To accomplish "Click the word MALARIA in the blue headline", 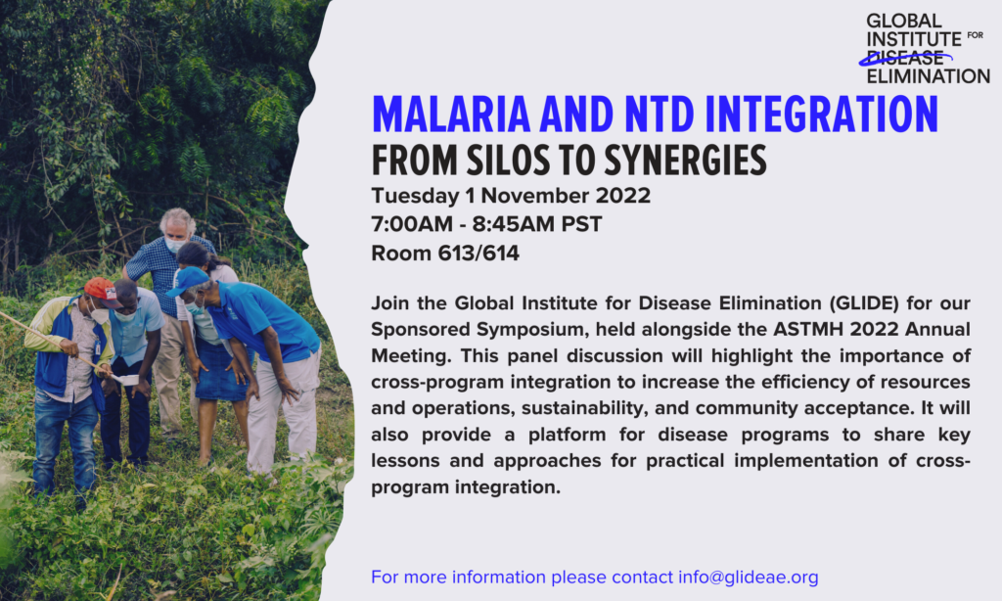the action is coord(451,115).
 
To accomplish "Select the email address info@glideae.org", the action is coord(749,578).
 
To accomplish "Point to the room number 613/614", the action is coord(478,254).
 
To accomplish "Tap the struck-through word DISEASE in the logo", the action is coord(905,58).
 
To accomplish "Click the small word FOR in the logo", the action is coord(976,35).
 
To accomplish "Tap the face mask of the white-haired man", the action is coord(175,245).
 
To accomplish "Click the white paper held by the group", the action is coord(126,380).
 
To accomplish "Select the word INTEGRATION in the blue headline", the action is coord(821,115).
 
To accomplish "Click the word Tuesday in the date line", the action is coord(415,197).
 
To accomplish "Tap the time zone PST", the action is coord(581,224).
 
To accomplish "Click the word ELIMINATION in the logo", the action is coord(928,76).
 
